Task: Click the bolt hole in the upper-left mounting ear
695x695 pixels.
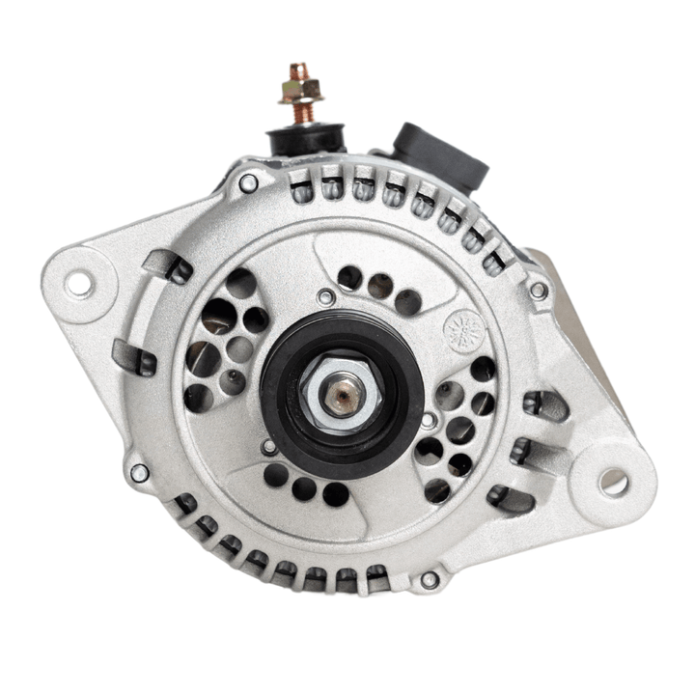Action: point(78,283)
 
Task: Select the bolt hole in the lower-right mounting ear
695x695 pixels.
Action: point(613,482)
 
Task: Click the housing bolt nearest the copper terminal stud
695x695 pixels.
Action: point(248,181)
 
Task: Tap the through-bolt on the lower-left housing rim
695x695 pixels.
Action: point(140,473)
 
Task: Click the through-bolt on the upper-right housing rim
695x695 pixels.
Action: point(538,289)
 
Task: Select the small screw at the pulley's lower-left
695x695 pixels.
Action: point(269,447)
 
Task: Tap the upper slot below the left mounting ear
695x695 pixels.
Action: point(166,266)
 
